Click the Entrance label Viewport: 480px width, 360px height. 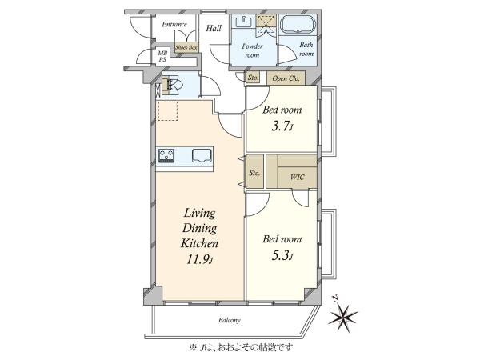tap(174, 24)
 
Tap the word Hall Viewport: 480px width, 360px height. tap(214, 29)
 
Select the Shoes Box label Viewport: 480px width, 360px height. tap(186, 47)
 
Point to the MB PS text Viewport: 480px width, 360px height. tap(162, 57)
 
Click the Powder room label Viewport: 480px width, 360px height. tap(252, 50)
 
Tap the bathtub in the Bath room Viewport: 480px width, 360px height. tap(298, 24)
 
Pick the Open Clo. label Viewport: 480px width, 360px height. tap(286, 78)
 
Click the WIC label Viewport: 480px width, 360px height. tap(297, 177)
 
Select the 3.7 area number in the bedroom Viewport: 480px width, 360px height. tap(282, 126)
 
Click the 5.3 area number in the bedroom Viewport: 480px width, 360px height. tap(282, 256)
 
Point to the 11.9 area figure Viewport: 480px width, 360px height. tap(199, 260)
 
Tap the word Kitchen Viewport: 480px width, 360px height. tap(199, 243)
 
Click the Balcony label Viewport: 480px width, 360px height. tap(230, 321)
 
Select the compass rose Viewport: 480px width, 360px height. tap(342, 314)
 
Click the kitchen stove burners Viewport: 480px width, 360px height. tap(166, 155)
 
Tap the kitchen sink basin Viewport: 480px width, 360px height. tap(202, 155)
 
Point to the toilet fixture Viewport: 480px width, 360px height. tap(172, 85)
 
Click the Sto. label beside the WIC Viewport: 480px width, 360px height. tap(254, 173)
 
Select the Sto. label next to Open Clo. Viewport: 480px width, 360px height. tap(253, 78)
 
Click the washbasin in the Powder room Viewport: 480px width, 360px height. tap(244, 22)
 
